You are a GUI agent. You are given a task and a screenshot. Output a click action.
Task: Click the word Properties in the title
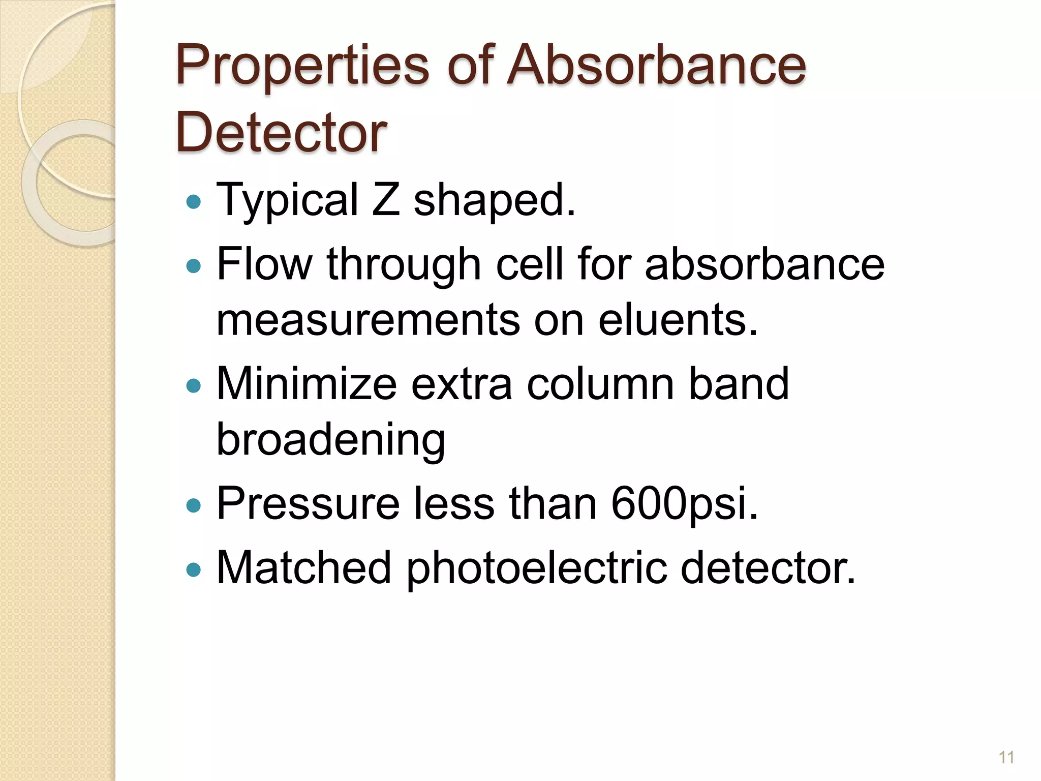pyautogui.click(x=302, y=66)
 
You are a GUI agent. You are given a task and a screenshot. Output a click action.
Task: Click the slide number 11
pyautogui.click(x=1006, y=758)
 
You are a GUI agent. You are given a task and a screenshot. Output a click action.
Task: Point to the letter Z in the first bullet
pyautogui.click(x=386, y=199)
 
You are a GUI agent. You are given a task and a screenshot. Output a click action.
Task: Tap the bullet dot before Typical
pyautogui.click(x=194, y=202)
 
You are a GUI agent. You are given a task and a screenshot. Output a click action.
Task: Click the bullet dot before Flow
pyautogui.click(x=194, y=265)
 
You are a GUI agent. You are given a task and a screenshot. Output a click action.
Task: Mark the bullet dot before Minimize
pyautogui.click(x=194, y=385)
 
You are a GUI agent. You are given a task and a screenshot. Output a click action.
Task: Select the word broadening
pyautogui.click(x=331, y=440)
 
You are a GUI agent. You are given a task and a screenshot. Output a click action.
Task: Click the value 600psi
pyautogui.click(x=684, y=503)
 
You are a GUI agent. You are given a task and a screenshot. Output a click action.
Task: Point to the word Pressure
pyautogui.click(x=308, y=503)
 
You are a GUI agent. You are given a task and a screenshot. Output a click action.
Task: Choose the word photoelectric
pyautogui.click(x=536, y=568)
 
